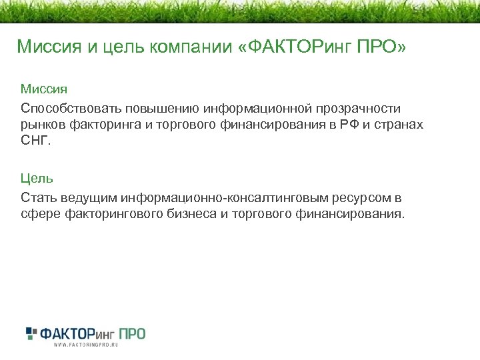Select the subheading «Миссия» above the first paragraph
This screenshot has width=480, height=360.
point(43,89)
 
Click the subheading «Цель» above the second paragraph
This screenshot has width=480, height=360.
point(37,179)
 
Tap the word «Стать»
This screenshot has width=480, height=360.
point(39,198)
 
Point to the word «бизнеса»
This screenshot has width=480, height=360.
point(190,215)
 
